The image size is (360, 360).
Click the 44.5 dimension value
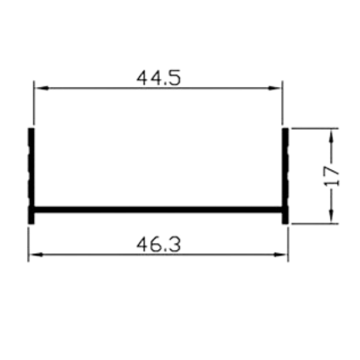pyautogui.click(x=159, y=78)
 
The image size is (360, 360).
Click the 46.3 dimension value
pyautogui.click(x=159, y=244)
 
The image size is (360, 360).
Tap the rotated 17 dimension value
pyautogui.click(x=331, y=176)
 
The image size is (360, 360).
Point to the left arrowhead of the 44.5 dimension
pyautogui.click(x=42, y=88)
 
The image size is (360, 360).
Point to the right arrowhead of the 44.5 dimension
pyautogui.click(x=275, y=88)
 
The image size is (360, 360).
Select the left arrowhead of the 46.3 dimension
pyautogui.click(x=36, y=254)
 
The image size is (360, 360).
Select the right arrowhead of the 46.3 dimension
pyautogui.click(x=281, y=254)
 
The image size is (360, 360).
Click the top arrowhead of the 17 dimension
pyautogui.click(x=331, y=136)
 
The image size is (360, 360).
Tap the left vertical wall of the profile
pyautogui.click(x=31, y=176)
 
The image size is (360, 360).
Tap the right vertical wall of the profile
pyautogui.click(x=285, y=176)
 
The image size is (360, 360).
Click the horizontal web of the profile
pyautogui.click(x=158, y=209)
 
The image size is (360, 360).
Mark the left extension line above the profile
pyautogui.click(x=34, y=102)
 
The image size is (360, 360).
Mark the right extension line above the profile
pyautogui.click(x=283, y=102)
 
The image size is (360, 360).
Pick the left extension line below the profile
pyautogui.click(x=28, y=244)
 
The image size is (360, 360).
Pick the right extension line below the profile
pyautogui.click(x=288, y=244)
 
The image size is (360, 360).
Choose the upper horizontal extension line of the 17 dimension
pyautogui.click(x=315, y=129)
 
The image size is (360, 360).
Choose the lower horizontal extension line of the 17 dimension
pyautogui.click(x=315, y=223)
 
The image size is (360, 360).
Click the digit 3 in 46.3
pyautogui.click(x=175, y=244)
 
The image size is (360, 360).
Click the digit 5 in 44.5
pyautogui.click(x=175, y=78)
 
